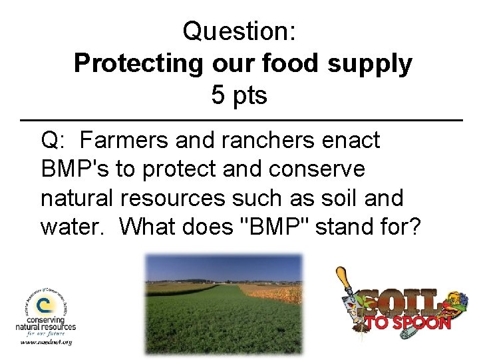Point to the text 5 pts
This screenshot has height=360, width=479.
point(239,95)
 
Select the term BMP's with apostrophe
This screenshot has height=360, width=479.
point(75,169)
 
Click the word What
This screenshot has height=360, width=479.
point(150,227)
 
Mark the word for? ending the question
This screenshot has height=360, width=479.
point(401,227)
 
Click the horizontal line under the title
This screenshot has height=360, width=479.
point(239,120)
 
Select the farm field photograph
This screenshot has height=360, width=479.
point(224,303)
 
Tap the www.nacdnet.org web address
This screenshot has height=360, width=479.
point(46,343)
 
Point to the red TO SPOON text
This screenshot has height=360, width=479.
point(407,323)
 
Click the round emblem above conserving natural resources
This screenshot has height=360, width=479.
point(43,305)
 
